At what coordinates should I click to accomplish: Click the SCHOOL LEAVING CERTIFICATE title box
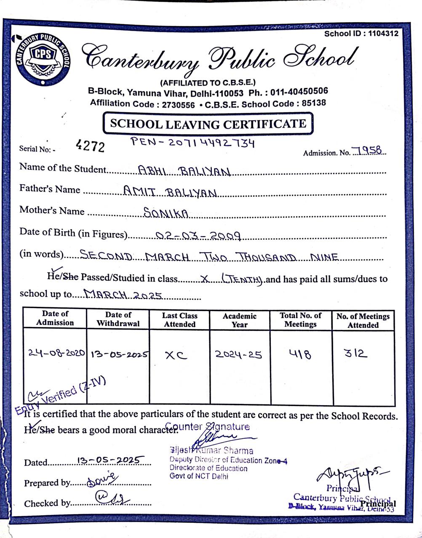[208, 124]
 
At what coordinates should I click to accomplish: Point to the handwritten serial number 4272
[90, 146]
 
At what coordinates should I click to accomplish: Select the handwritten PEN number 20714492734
[211, 143]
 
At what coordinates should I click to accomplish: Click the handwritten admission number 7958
[367, 150]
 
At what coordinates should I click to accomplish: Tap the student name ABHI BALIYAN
[184, 171]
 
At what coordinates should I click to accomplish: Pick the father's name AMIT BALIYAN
[170, 193]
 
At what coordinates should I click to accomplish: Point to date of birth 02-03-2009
[198, 236]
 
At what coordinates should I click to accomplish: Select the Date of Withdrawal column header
[118, 319]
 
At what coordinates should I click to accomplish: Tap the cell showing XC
[176, 355]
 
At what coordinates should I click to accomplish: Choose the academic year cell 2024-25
[238, 354]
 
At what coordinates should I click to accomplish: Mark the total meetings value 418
[300, 354]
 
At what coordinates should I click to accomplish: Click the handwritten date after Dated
[111, 460]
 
